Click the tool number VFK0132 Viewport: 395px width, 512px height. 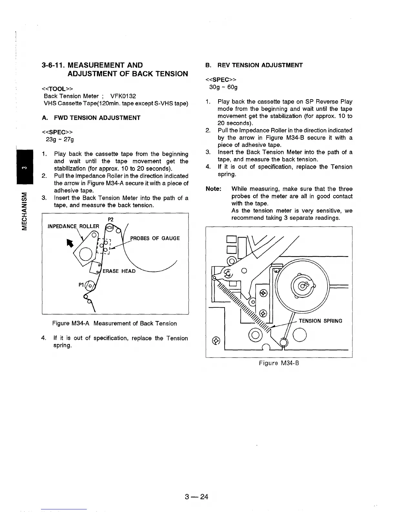pyautogui.click(x=123, y=96)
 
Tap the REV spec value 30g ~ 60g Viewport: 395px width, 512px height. pyautogui.click(x=223, y=87)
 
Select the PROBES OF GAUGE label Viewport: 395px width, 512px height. pyautogui.click(x=155, y=238)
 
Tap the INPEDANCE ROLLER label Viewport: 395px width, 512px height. pyautogui.click(x=73, y=226)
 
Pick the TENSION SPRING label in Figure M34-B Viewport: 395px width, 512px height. pyautogui.click(x=320, y=321)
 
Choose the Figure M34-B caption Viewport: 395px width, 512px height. pyautogui.click(x=279, y=363)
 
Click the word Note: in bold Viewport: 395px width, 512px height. pyautogui.click(x=213, y=189)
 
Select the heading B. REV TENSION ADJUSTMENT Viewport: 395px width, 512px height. pyautogui.click(x=254, y=65)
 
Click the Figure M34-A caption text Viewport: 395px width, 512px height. pyautogui.click(x=115, y=323)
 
